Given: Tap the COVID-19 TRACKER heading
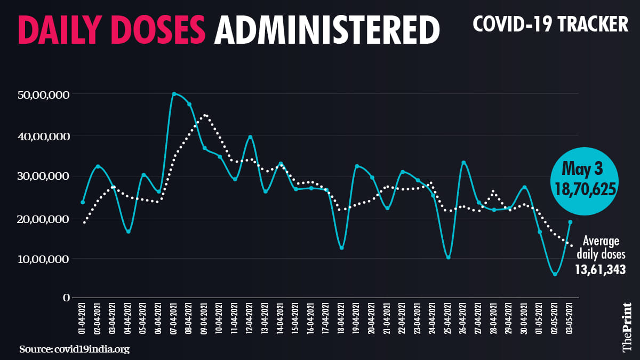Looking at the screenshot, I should coord(550,24).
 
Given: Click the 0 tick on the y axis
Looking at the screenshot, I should coord(67,299).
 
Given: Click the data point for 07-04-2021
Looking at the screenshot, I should coord(174,94).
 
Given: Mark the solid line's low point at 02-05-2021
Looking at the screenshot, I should coord(555,274).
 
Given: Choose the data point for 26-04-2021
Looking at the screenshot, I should coord(463,163).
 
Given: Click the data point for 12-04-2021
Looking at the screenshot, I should coord(250,137).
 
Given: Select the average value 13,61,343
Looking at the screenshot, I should coord(599,270).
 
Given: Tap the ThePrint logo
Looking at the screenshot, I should coord(628,327).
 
